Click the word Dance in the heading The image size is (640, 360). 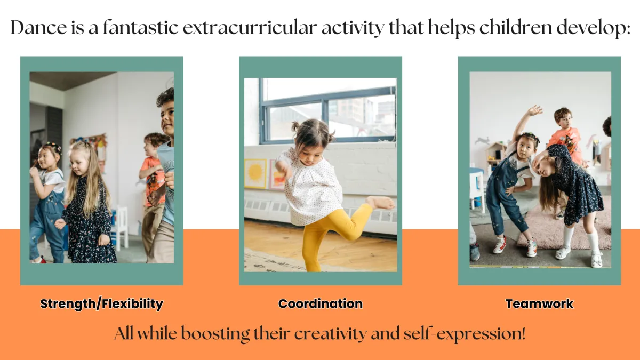click(x=38, y=27)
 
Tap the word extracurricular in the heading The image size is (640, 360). click(x=250, y=28)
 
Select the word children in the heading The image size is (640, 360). click(x=516, y=27)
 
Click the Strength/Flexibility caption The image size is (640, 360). click(x=101, y=303)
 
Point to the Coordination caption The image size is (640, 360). click(x=321, y=303)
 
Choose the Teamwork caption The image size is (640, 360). click(x=539, y=303)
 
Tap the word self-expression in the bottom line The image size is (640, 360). click(x=465, y=334)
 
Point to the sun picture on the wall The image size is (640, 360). click(x=255, y=173)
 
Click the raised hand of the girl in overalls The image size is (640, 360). click(x=534, y=110)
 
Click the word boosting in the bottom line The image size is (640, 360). click(x=215, y=334)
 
